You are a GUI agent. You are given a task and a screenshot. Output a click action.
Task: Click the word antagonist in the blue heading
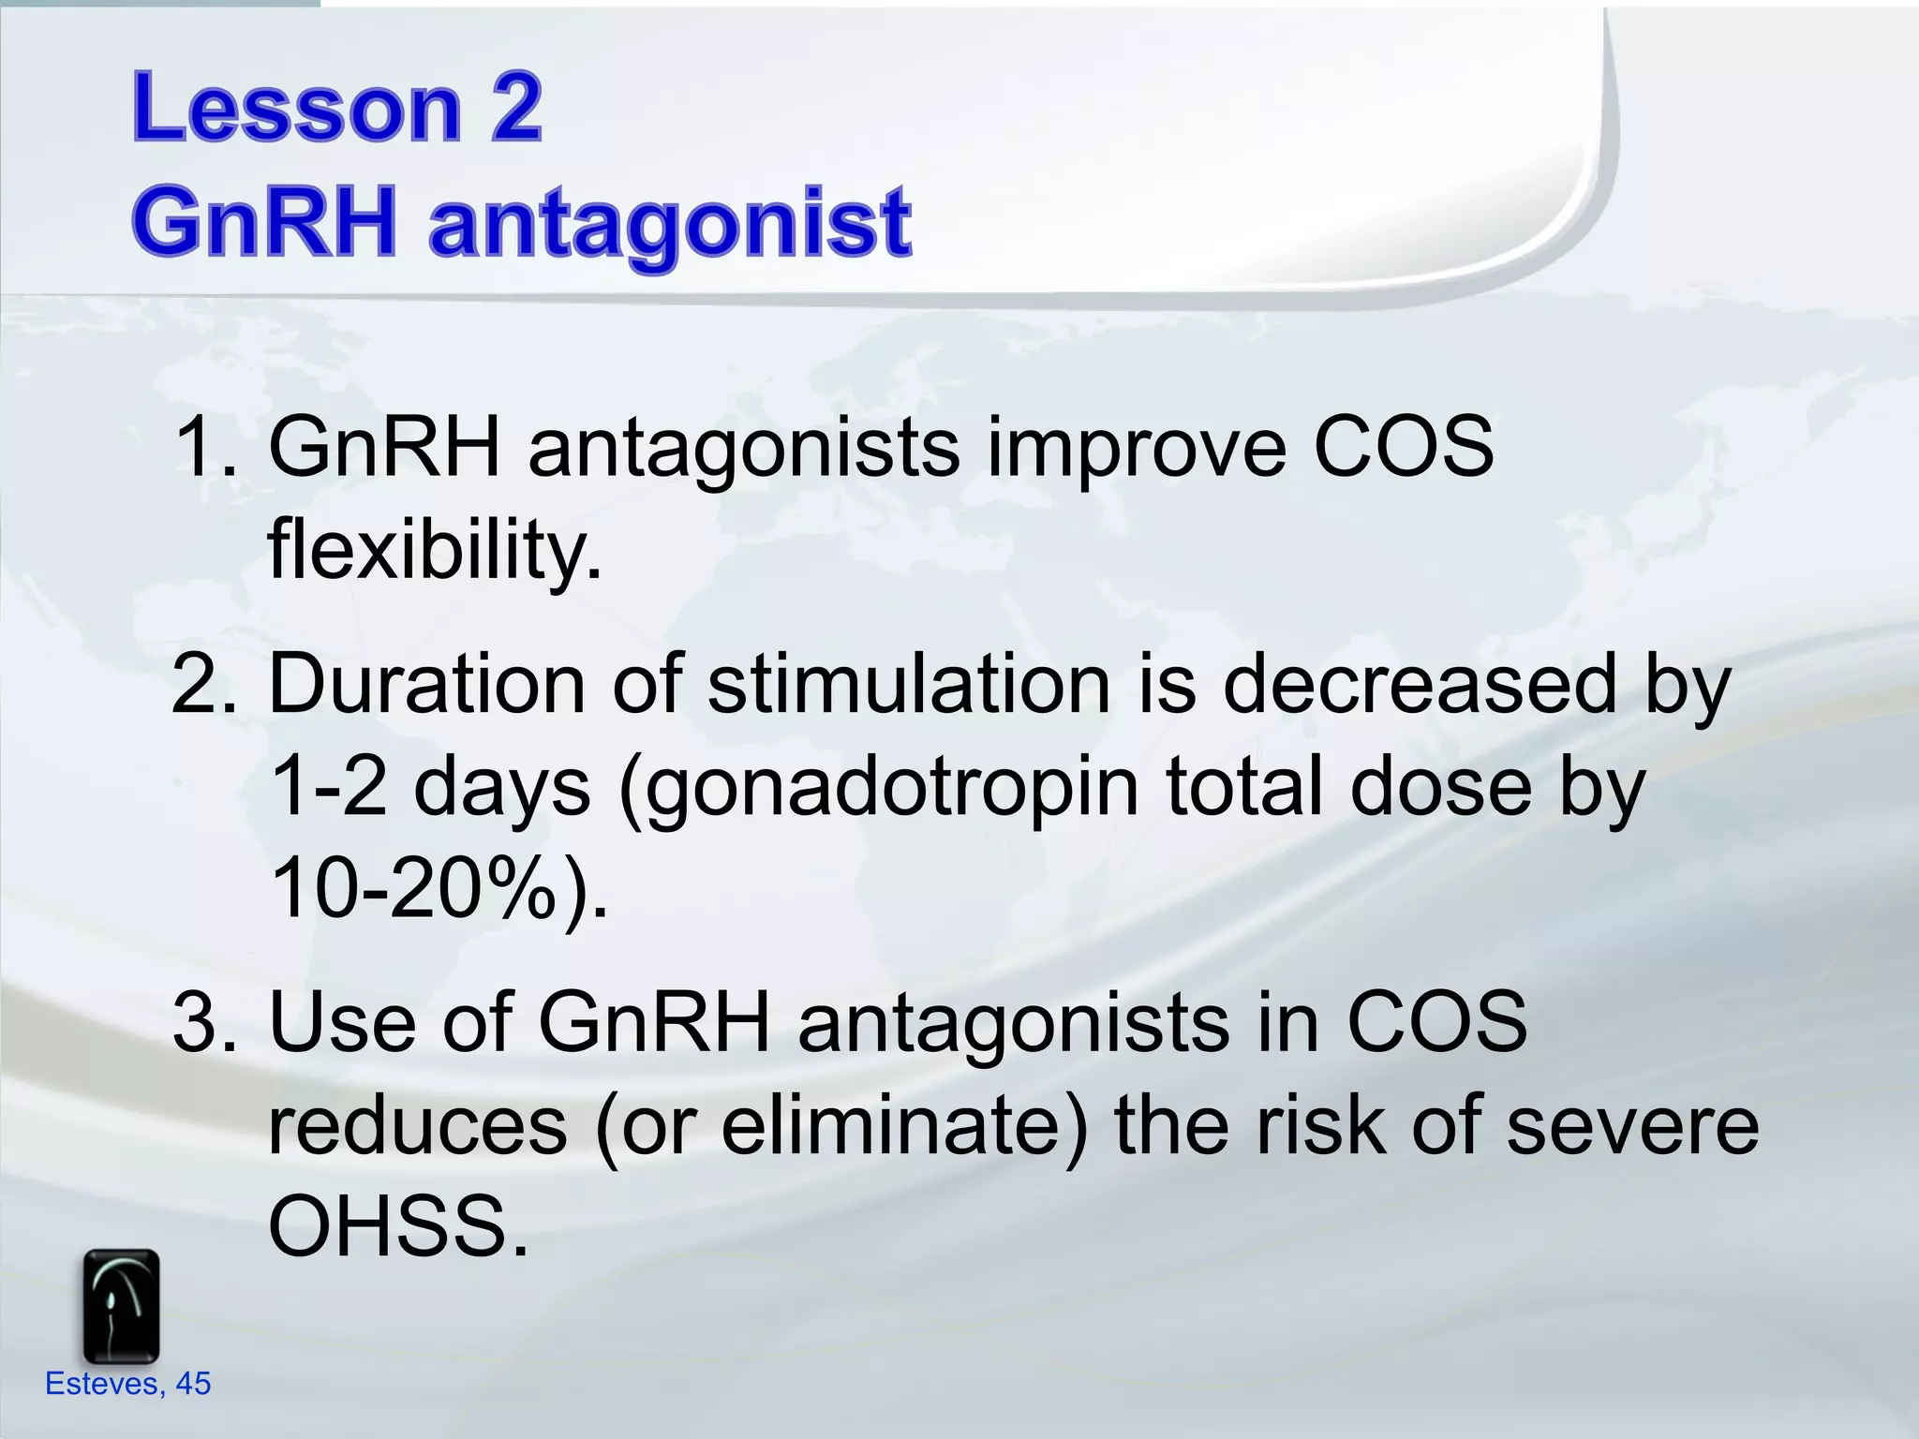click(670, 225)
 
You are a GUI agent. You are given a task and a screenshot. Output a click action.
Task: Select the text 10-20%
click(412, 890)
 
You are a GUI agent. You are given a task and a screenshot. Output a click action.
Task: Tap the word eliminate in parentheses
click(890, 1126)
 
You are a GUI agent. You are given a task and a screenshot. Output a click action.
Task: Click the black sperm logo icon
click(121, 1306)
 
